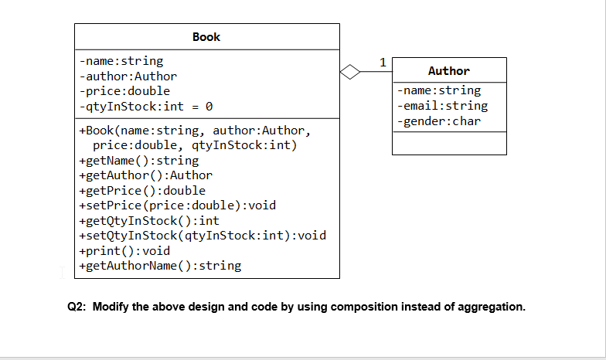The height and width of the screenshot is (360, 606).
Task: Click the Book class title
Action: [x=206, y=36]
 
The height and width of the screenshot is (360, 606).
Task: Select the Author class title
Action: [x=448, y=70]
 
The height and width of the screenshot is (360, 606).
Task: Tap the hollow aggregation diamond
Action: [x=350, y=73]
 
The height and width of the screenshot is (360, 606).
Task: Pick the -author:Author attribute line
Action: [x=128, y=76]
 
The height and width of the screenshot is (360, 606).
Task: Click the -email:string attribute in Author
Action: [x=441, y=106]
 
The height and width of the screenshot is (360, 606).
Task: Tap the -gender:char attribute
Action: [x=438, y=121]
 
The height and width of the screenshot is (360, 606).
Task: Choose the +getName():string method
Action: [x=138, y=161]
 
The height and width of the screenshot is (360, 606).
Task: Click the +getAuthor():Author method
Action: [x=145, y=175]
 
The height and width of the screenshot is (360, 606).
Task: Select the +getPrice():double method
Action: [x=142, y=191]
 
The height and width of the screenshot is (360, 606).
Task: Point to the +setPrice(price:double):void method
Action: [x=177, y=205]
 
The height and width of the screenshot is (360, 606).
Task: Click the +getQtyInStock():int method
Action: [x=149, y=221]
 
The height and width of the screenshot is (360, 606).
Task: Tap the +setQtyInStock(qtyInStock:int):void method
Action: [x=203, y=236]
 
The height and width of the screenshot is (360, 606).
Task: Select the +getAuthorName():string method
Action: [x=160, y=266]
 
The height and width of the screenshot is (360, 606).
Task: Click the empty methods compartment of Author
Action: [x=449, y=143]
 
